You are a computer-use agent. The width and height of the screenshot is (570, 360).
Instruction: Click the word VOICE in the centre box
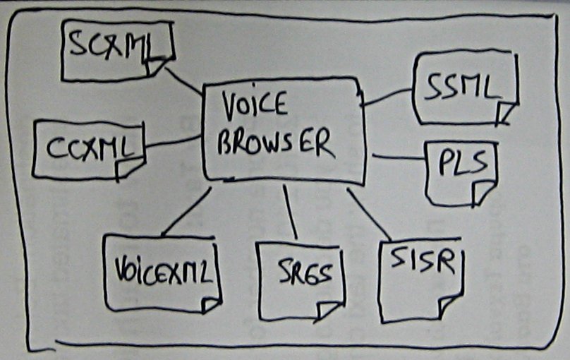click(255, 107)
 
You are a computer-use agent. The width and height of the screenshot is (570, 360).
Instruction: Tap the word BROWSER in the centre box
click(274, 143)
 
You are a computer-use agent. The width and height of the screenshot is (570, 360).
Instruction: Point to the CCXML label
click(90, 148)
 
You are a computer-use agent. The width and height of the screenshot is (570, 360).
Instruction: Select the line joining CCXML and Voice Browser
click(173, 141)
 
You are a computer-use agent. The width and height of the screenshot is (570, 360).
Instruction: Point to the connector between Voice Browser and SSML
click(387, 97)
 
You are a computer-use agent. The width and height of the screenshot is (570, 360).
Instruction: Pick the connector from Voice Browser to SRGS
click(290, 212)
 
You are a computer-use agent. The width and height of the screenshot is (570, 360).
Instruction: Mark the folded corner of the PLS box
click(483, 192)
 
